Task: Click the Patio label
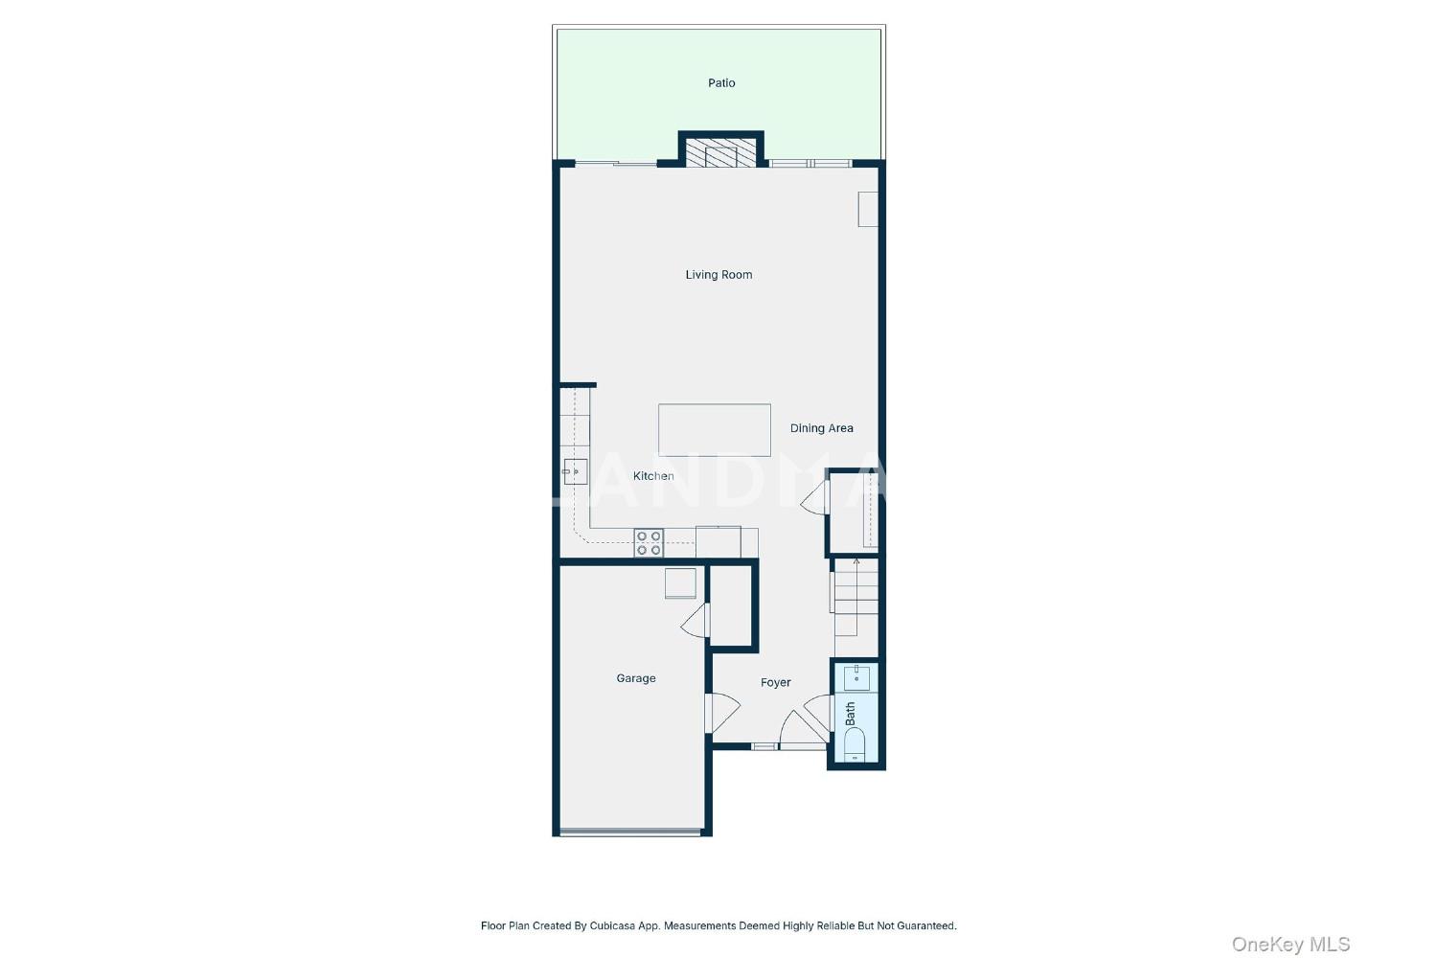(x=721, y=82)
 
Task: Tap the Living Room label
(x=718, y=275)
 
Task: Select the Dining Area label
(x=821, y=428)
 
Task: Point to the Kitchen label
(x=653, y=476)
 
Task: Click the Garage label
(x=636, y=678)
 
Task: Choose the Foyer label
(x=776, y=683)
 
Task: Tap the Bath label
(x=851, y=714)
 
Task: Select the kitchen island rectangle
(x=714, y=430)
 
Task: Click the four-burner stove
(x=649, y=543)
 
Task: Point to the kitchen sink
(x=576, y=471)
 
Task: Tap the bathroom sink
(x=856, y=677)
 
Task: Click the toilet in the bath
(x=855, y=745)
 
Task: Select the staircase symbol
(x=855, y=598)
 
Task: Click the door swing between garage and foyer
(x=722, y=713)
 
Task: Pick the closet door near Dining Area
(x=815, y=498)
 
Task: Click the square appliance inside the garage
(x=680, y=583)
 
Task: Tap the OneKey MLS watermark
(x=1290, y=945)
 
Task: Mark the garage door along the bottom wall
(x=630, y=833)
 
